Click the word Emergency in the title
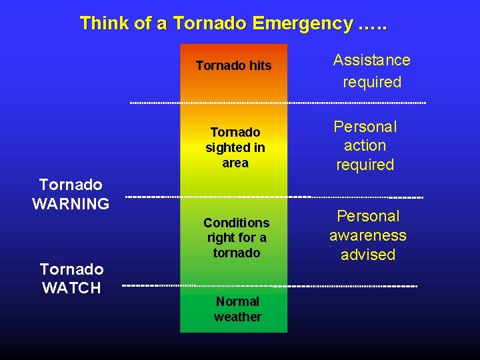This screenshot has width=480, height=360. point(302,24)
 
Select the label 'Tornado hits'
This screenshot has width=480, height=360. point(233,65)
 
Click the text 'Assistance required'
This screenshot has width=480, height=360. point(372,71)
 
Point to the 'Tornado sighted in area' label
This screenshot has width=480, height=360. point(235,147)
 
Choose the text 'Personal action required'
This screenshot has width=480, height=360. point(365,145)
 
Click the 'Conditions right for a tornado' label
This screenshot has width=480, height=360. point(237,237)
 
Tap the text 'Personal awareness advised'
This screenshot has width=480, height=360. point(368,235)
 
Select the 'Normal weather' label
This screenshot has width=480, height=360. point(237,309)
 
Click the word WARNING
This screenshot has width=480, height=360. point(71,204)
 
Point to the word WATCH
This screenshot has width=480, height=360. point(71,289)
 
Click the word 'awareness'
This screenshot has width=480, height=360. point(368,235)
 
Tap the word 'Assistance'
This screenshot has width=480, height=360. point(372,60)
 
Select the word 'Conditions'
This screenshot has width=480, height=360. point(237,223)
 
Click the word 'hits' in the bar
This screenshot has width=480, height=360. point(259,65)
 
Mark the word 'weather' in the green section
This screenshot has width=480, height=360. point(237,317)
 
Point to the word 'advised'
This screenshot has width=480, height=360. point(368,255)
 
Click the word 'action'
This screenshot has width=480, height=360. point(365,145)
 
